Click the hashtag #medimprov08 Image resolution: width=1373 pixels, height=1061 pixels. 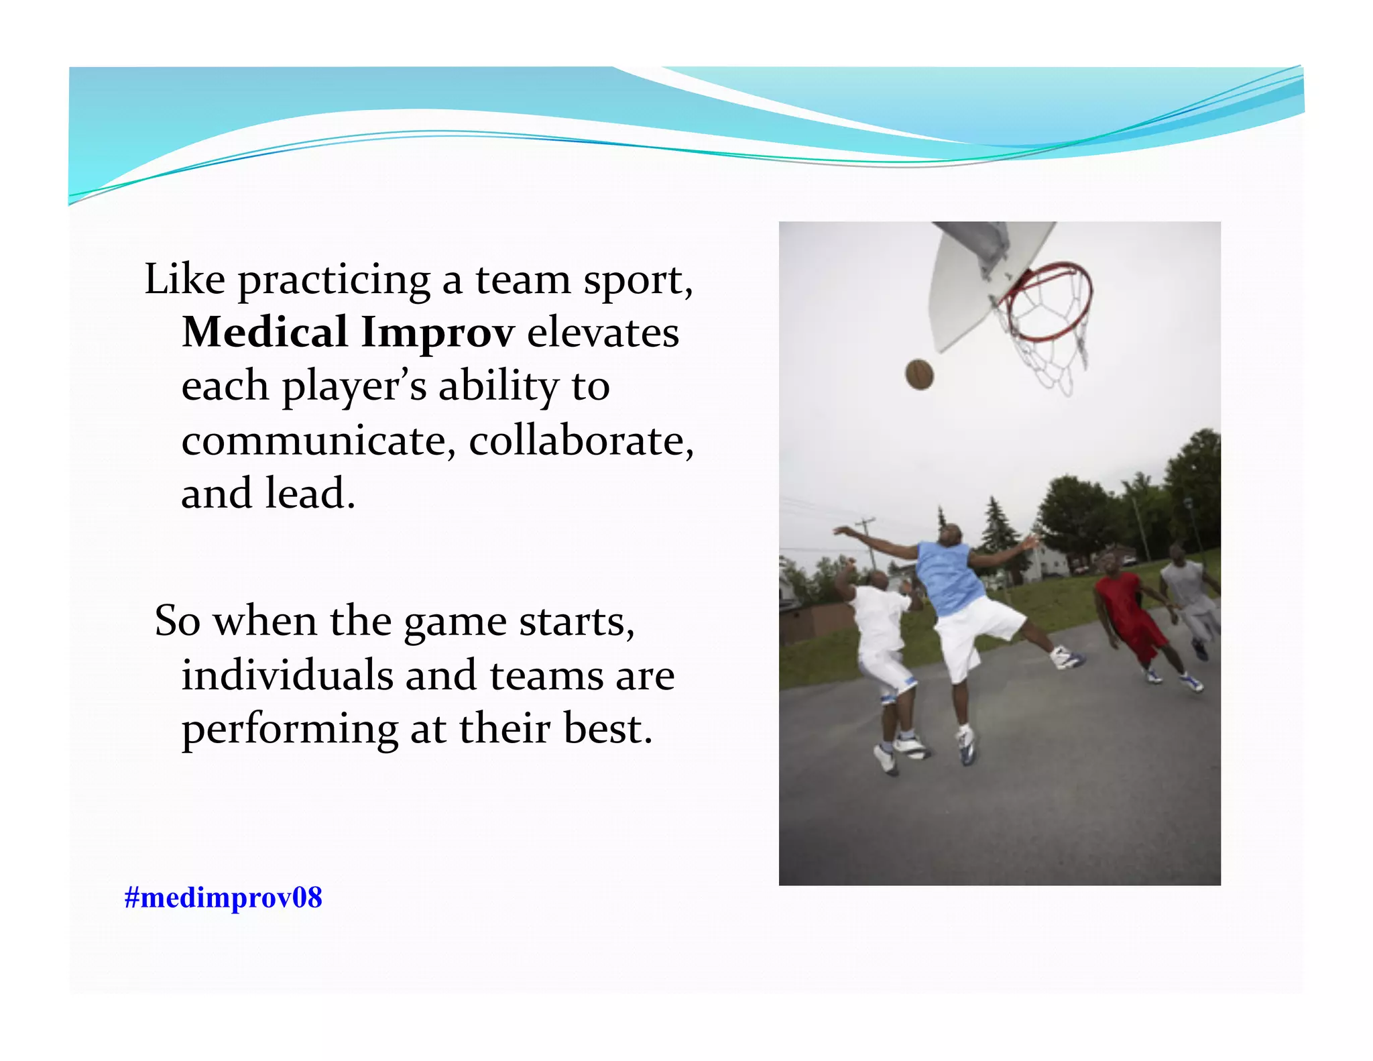(x=223, y=897)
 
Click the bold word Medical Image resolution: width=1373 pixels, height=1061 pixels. (x=265, y=332)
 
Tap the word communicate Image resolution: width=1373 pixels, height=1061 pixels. (x=318, y=441)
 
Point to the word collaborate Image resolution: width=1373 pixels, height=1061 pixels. (x=581, y=441)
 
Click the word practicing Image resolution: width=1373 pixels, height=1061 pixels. (x=334, y=280)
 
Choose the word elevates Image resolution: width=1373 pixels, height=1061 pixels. (x=603, y=332)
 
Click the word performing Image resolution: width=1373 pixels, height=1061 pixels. (x=290, y=730)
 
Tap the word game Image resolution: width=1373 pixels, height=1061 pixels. (x=455, y=622)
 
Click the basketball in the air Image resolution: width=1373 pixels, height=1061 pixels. (x=919, y=374)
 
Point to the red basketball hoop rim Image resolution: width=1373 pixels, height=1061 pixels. (x=1049, y=302)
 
